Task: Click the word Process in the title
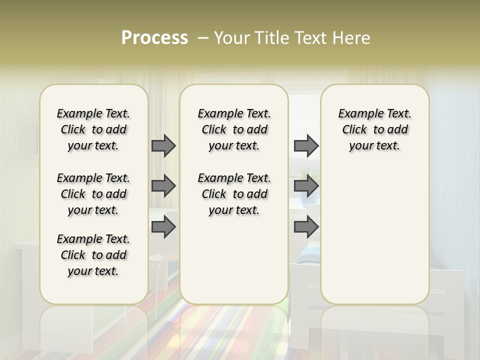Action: point(154,38)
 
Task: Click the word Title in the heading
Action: point(270,38)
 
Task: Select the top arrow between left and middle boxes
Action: point(163,145)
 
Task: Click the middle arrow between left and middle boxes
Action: point(163,186)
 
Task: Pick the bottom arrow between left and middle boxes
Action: point(163,227)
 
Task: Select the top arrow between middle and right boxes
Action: point(306,145)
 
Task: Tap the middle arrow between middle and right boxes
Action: point(306,186)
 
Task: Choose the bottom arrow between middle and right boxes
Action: point(306,227)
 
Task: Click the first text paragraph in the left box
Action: point(93,129)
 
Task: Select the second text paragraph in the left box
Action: point(93,194)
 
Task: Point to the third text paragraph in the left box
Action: point(93,255)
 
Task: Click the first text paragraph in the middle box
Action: point(234,129)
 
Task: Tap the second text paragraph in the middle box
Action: point(234,194)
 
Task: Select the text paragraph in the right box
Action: point(374,129)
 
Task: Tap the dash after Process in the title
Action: point(203,38)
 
